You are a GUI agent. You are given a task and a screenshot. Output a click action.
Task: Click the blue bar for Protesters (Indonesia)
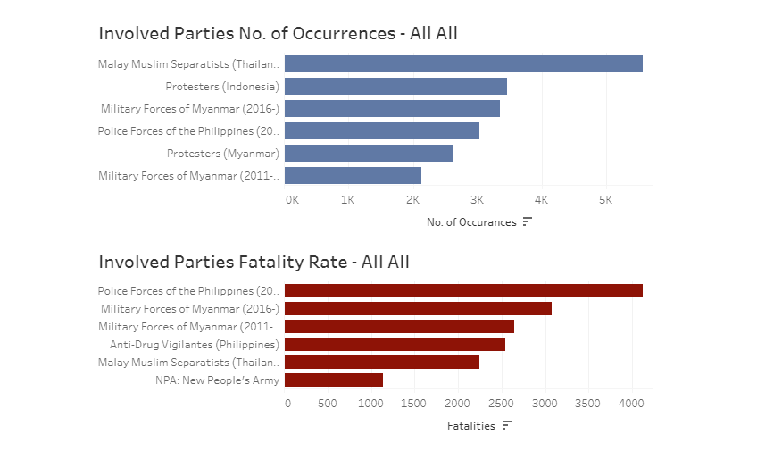(395, 87)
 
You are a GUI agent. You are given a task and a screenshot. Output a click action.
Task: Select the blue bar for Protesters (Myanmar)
(369, 154)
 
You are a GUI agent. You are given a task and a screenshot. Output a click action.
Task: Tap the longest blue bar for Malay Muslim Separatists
(463, 64)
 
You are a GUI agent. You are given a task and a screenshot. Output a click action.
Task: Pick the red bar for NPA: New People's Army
(334, 380)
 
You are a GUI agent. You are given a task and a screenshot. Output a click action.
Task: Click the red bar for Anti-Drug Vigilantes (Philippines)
(395, 345)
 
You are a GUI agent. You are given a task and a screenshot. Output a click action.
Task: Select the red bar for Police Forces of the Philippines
(463, 291)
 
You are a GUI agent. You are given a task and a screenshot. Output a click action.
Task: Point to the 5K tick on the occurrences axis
(605, 199)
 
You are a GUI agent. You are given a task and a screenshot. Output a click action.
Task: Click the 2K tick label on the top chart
(412, 199)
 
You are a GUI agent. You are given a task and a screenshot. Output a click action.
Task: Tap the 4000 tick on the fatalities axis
(631, 403)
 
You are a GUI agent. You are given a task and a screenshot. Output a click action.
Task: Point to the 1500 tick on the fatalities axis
(414, 403)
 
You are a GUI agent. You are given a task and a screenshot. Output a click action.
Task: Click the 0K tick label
(292, 199)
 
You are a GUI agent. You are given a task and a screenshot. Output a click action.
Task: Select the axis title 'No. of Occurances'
(471, 222)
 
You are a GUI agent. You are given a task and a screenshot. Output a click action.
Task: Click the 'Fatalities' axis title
(470, 426)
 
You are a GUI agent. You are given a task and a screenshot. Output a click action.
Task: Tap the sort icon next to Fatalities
(506, 425)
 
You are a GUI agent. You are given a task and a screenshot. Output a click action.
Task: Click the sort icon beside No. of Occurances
(527, 221)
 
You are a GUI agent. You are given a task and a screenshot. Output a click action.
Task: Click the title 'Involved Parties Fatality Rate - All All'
(254, 262)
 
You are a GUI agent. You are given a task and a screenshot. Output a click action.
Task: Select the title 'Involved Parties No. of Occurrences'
(278, 33)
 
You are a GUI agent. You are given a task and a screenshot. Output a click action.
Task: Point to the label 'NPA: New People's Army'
(217, 380)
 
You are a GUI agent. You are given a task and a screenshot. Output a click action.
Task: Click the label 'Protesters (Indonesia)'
(222, 87)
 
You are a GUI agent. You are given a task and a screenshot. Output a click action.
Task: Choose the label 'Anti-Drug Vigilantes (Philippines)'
(195, 345)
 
